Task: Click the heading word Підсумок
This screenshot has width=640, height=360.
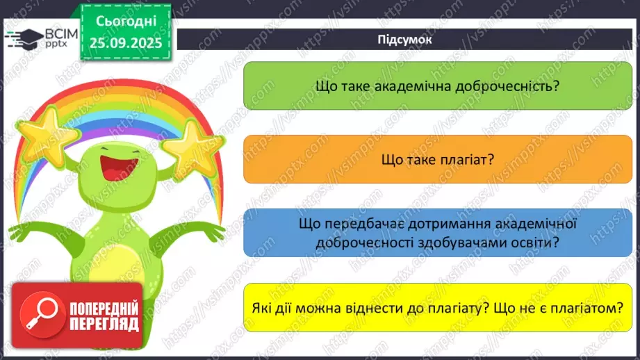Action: pos(405,39)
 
